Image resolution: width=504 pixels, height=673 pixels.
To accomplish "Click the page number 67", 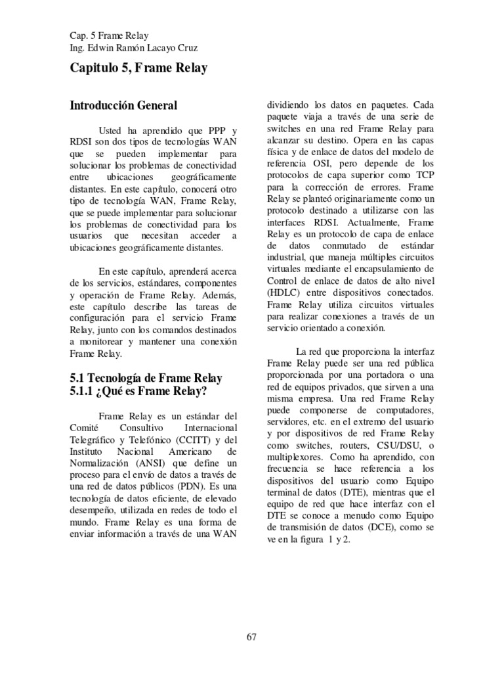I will (251, 636).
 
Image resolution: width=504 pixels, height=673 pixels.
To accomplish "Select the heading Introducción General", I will (123, 104).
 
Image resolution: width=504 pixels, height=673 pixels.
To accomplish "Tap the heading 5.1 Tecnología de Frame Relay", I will (146, 378).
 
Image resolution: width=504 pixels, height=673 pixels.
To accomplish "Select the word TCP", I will (421, 174).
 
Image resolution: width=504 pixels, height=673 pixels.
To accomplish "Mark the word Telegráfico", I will (93, 440).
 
